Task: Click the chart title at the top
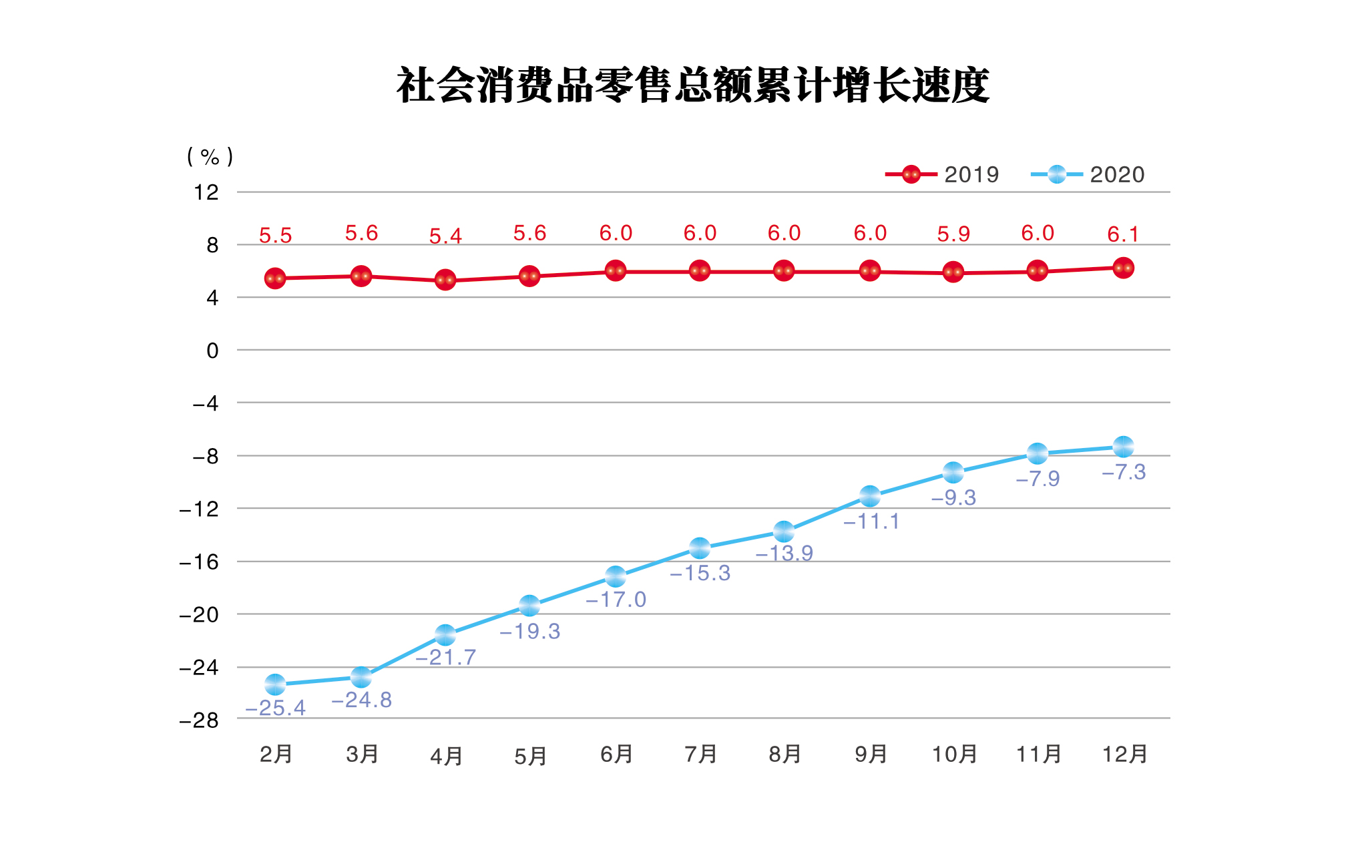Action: point(692,85)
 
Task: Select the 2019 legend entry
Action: point(941,175)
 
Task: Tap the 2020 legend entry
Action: point(1087,175)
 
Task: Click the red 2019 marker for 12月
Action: point(1123,268)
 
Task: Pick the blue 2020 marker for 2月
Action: point(275,684)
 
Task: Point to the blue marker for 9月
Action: point(869,496)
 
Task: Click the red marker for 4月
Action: point(445,280)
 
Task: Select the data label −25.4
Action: point(275,708)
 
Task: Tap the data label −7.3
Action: point(1124,473)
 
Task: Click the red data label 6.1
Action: point(1123,234)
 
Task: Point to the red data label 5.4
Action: point(445,236)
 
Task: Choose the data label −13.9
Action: point(784,554)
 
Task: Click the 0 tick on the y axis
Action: point(212,351)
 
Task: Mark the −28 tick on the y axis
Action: point(199,720)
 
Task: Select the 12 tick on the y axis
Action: point(206,193)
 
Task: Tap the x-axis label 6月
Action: point(616,755)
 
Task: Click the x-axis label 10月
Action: point(954,755)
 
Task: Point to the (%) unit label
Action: point(210,157)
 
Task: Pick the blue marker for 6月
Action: point(616,576)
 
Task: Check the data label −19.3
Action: point(530,632)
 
